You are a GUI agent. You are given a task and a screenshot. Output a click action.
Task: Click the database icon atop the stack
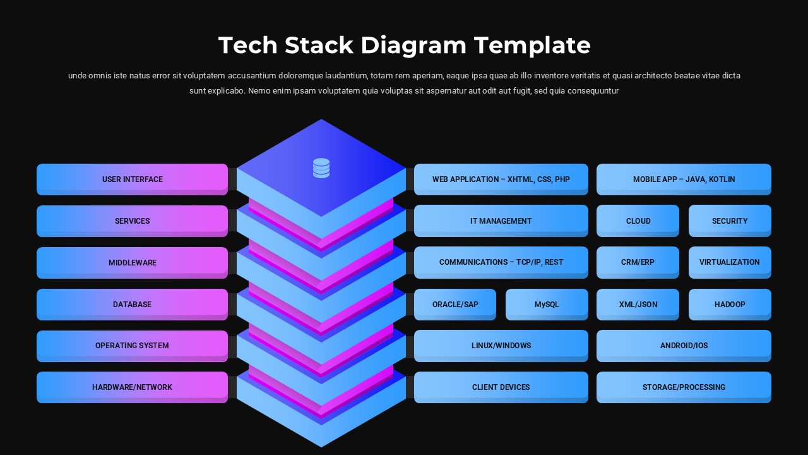pos(321,168)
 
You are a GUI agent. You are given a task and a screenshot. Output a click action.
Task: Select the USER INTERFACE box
pos(132,179)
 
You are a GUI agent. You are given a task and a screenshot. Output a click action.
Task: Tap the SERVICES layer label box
pos(132,221)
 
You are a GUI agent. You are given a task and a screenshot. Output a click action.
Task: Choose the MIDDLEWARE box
pos(132,263)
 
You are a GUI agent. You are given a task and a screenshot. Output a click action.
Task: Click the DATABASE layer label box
pos(132,305)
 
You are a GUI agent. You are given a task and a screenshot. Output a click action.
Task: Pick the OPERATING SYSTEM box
pos(132,346)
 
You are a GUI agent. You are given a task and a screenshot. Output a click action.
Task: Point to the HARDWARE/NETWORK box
pos(132,387)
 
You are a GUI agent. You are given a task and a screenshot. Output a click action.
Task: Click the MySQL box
pos(547,305)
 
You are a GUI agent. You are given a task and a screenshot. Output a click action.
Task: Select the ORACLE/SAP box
pos(455,305)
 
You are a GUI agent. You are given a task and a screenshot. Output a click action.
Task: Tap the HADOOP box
pos(730,305)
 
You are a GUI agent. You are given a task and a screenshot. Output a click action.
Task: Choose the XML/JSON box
pos(638,305)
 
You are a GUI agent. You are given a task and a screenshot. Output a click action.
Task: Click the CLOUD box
pos(638,221)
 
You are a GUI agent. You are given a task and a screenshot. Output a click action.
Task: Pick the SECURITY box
pos(730,221)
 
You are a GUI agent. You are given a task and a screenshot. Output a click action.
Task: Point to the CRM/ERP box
pos(638,262)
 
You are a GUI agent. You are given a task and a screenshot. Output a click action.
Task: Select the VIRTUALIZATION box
pos(730,262)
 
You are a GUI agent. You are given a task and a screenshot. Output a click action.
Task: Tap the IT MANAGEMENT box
pos(501,221)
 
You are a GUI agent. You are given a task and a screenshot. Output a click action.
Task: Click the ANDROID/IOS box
pos(684,346)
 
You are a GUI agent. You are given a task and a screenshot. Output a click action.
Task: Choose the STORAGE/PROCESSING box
pos(684,387)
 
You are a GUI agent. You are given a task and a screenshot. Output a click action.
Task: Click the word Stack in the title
pos(319,45)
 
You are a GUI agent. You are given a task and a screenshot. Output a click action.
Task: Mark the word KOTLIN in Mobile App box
pos(722,179)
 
